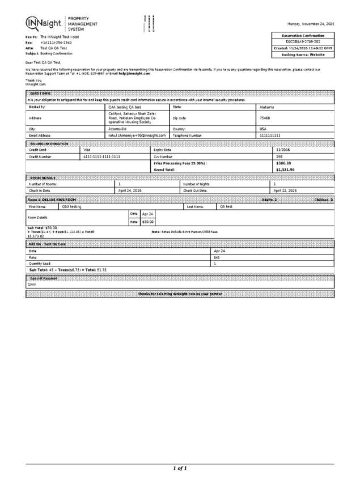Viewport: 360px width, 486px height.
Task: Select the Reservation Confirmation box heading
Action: [303, 36]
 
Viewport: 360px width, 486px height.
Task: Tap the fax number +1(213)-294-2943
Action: [56, 43]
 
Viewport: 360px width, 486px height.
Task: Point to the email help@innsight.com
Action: [134, 74]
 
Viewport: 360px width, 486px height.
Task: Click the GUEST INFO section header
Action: [39, 93]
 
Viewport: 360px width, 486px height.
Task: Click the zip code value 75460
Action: [265, 118]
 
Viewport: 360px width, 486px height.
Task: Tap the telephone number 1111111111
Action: [270, 136]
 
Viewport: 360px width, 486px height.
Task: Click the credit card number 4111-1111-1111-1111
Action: [101, 157]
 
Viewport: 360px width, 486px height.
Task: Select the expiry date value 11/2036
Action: [283, 150]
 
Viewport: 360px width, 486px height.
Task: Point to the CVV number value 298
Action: [279, 157]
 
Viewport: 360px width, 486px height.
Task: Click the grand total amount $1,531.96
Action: [285, 170]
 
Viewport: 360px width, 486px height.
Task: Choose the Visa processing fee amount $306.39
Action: [283, 163]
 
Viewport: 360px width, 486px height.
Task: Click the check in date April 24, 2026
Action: [130, 191]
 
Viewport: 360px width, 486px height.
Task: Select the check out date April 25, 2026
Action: [285, 191]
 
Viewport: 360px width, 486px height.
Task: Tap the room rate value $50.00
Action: [147, 222]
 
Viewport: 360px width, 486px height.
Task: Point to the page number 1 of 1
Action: [180, 468]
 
